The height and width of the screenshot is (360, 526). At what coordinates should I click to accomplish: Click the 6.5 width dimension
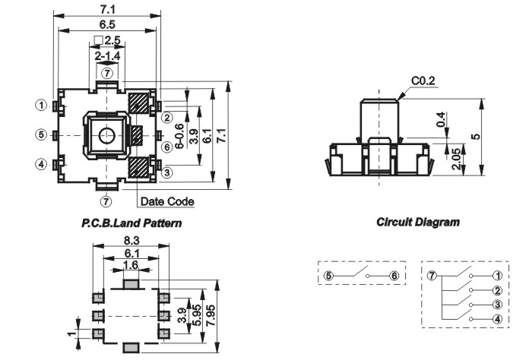[x=107, y=25]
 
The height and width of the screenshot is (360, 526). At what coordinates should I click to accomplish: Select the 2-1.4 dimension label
[x=107, y=56]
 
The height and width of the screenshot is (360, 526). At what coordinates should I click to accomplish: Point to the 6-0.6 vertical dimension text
[x=179, y=135]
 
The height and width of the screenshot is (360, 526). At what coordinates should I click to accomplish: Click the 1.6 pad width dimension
[x=131, y=266]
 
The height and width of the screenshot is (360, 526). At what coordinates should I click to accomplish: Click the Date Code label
[x=166, y=202]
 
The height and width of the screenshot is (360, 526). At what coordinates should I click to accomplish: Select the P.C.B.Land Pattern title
[x=131, y=224]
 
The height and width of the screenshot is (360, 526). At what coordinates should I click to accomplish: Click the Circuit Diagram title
[x=418, y=223]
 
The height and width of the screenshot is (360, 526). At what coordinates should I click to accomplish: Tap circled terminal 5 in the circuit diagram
[x=328, y=276]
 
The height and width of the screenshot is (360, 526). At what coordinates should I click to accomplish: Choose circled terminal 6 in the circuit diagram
[x=394, y=276]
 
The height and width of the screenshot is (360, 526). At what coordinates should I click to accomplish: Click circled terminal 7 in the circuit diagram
[x=432, y=276]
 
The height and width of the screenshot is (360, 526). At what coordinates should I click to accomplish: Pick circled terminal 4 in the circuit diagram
[x=497, y=320]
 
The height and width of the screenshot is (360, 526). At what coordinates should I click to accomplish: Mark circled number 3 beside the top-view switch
[x=166, y=173]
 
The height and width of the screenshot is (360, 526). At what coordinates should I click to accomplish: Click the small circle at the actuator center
[x=106, y=135]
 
